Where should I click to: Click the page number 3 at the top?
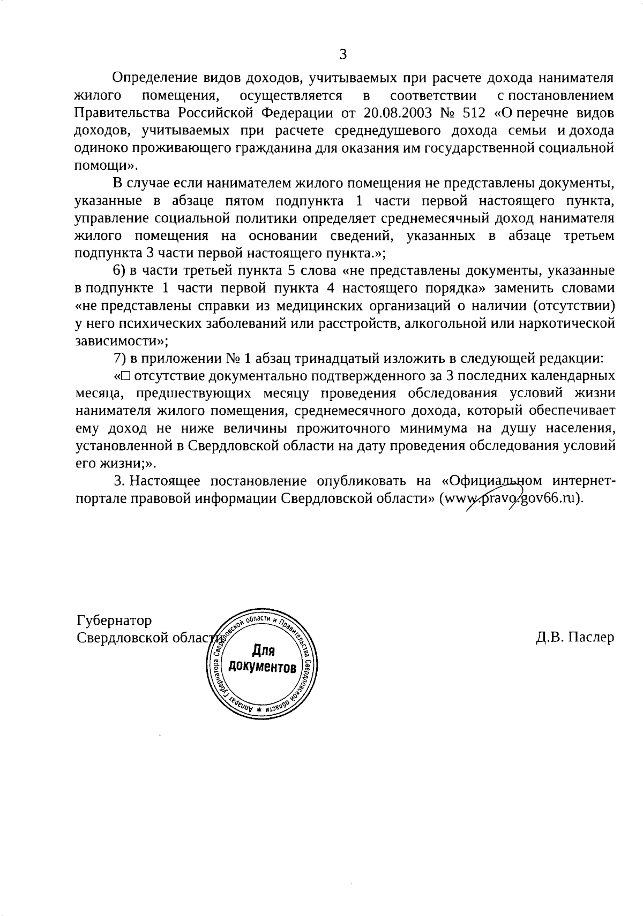click(x=343, y=54)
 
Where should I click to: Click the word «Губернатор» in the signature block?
click(x=114, y=620)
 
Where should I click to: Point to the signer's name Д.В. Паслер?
click(x=574, y=638)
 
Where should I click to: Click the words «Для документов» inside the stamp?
click(x=263, y=660)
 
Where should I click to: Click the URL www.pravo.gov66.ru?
click(x=510, y=498)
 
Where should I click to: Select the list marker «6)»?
click(x=119, y=271)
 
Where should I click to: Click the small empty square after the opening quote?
click(x=126, y=376)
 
